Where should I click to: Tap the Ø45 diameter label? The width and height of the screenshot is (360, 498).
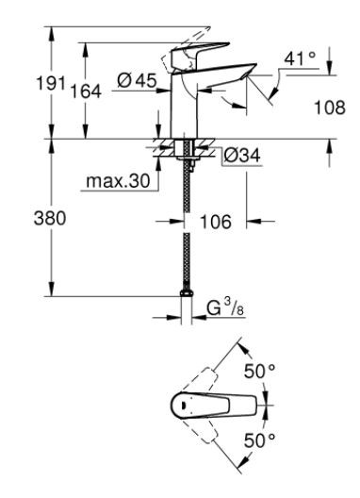point(138,82)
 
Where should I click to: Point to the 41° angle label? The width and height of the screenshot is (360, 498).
point(299,58)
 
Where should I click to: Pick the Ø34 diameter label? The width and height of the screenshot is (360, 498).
point(241,155)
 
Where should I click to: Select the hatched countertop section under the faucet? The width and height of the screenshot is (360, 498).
point(166,148)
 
